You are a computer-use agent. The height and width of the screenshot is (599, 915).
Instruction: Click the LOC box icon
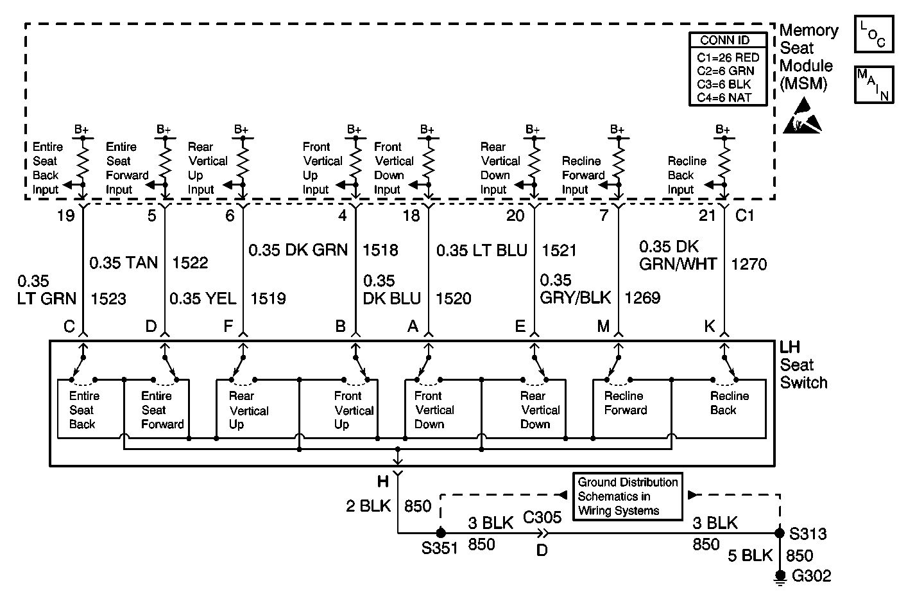pos(874,34)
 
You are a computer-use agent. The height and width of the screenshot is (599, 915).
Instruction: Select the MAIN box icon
pos(874,85)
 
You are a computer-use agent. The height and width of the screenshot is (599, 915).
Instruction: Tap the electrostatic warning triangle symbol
pos(802,116)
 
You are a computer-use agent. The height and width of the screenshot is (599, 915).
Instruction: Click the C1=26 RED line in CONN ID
pos(728,57)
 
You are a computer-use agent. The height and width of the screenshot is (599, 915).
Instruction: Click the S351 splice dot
pos(440,533)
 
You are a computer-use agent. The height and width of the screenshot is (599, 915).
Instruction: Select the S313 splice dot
pos(780,533)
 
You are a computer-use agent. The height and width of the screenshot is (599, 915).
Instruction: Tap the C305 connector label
pos(542,517)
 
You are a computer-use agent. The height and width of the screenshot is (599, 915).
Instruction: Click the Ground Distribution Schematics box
pos(628,496)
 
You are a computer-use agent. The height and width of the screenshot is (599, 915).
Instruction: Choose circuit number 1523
pos(108,299)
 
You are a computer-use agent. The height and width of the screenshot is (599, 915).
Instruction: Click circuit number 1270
pos(749,265)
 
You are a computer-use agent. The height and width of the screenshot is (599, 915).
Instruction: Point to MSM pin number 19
pos(66,215)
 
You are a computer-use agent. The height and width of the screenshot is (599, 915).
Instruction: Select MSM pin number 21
pos(707,215)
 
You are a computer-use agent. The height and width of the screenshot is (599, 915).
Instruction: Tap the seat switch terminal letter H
pos(383,482)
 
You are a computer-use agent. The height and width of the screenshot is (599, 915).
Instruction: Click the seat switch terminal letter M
pos(603,327)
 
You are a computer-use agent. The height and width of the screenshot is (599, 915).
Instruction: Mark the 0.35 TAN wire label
pos(123,263)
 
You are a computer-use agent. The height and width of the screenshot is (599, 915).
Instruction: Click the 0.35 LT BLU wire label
pos(482,250)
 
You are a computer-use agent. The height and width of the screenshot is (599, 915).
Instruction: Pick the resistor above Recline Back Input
pos(724,161)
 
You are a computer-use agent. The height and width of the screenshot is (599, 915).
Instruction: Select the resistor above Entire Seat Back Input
pos(83,161)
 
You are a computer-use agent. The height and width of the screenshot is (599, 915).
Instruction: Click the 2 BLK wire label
pos(368,506)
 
